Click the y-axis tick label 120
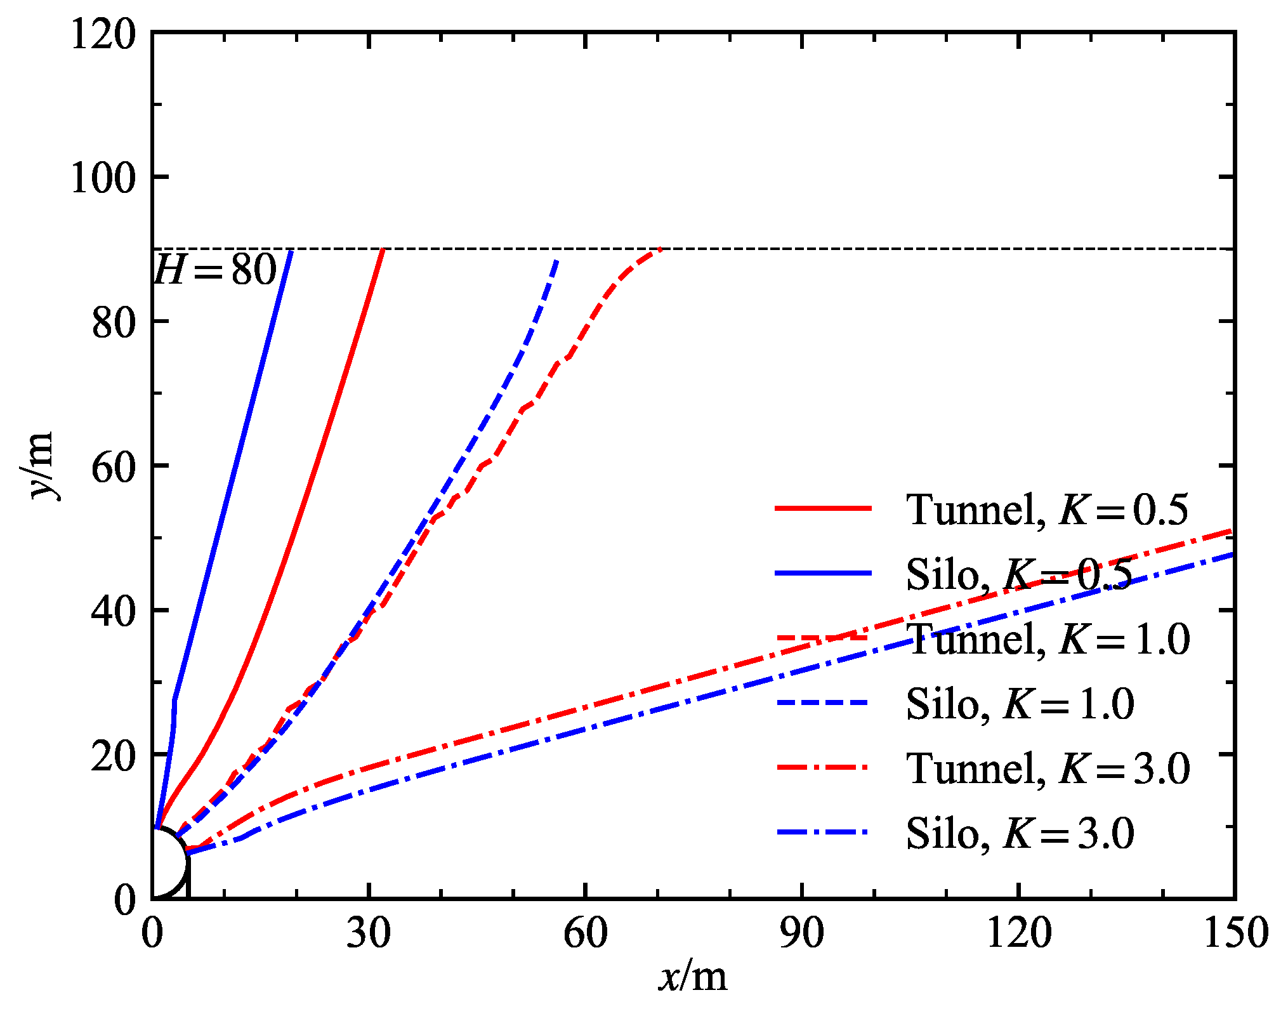(x=103, y=34)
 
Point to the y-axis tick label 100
(x=103, y=178)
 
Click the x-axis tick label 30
(x=369, y=933)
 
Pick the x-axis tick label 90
(x=802, y=933)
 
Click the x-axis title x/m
(x=693, y=977)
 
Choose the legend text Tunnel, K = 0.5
(x=1047, y=510)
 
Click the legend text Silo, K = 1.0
(x=1020, y=703)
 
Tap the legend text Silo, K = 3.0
(x=1020, y=833)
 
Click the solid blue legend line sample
(x=823, y=574)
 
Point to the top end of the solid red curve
(x=383, y=250)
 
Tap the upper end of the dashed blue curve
(x=556, y=260)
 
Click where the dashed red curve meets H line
(x=660, y=249)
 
